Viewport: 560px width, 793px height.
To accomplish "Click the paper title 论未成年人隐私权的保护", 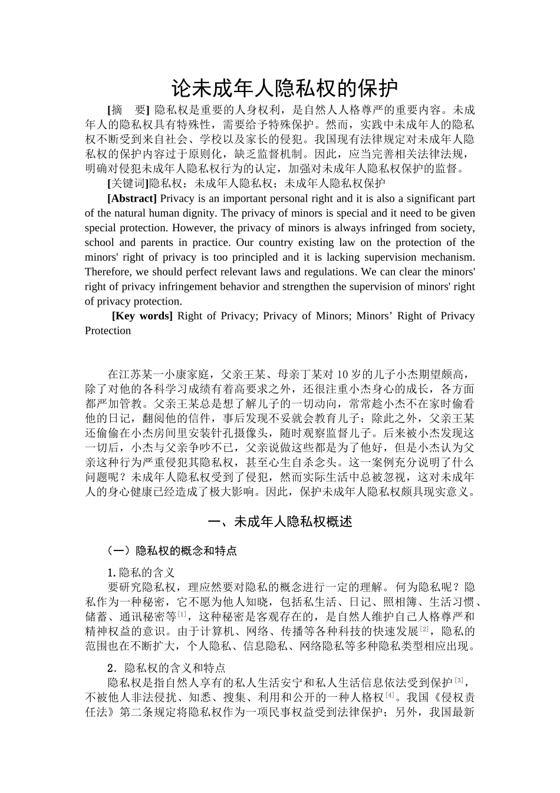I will point(285,89).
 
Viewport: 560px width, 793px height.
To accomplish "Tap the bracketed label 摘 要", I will point(129,110).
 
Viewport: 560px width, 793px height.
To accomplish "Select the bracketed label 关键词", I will point(128,183).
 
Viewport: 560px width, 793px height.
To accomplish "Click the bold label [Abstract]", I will point(132,198).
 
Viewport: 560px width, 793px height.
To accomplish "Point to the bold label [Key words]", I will point(142,316).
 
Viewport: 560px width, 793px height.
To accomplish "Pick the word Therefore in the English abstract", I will point(109,272).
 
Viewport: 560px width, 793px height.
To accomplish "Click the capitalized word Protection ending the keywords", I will point(108,330).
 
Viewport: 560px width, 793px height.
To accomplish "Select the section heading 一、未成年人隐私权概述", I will point(281,522).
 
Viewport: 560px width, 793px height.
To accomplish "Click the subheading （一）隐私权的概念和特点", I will point(172,550).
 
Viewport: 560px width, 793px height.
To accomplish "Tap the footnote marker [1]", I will point(182,614).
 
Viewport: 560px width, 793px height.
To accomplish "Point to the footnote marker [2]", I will point(424,629).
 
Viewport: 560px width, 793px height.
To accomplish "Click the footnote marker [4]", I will point(390,695).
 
